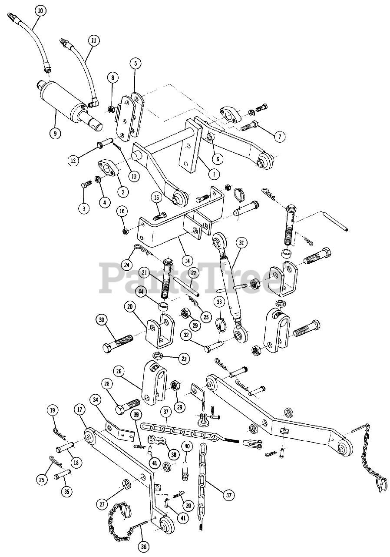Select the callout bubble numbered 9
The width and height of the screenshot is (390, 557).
[x=55, y=134]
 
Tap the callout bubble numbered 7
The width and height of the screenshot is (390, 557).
[x=279, y=137]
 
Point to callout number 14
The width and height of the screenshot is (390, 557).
[x=187, y=261]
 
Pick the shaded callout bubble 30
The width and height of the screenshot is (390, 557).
[x=102, y=320]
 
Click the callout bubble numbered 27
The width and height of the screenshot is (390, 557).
[x=103, y=504]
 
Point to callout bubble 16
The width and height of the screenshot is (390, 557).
[x=122, y=211]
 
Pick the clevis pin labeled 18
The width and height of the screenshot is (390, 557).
[x=64, y=448]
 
